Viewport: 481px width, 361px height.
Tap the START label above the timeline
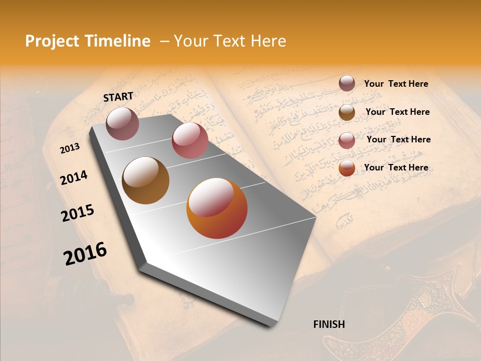pyautogui.click(x=118, y=97)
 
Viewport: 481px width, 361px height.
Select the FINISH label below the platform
pyautogui.click(x=329, y=324)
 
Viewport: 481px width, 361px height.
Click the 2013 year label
pyautogui.click(x=70, y=149)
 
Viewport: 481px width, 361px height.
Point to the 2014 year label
pyautogui.click(x=74, y=178)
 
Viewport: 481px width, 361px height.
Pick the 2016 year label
pyautogui.click(x=85, y=254)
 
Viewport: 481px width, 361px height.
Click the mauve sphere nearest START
pyautogui.click(x=122, y=123)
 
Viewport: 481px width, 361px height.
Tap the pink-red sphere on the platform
pyautogui.click(x=190, y=140)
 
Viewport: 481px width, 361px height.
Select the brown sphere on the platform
pyautogui.click(x=146, y=180)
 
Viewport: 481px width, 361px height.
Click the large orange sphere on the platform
pyautogui.click(x=217, y=208)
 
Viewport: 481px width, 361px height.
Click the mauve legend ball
pyautogui.click(x=347, y=83)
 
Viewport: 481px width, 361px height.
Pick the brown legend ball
pyautogui.click(x=347, y=112)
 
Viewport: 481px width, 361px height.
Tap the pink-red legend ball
pyautogui.click(x=347, y=140)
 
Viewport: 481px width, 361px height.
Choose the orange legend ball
pyautogui.click(x=347, y=168)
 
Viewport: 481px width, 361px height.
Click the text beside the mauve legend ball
pyautogui.click(x=396, y=84)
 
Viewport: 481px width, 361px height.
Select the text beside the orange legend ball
pyautogui.click(x=396, y=167)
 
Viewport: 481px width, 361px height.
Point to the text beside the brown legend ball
pyautogui.click(x=397, y=112)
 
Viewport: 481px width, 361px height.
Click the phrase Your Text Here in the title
pyautogui.click(x=230, y=41)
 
